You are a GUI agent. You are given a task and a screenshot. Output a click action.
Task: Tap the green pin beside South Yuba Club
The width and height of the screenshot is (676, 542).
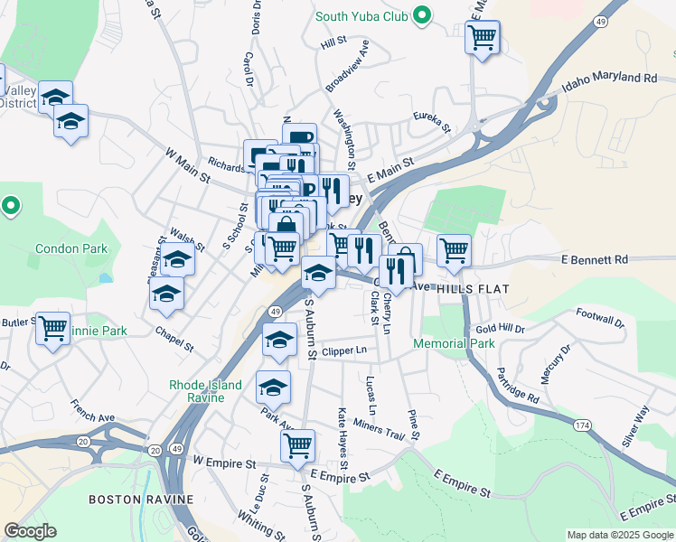pyautogui.click(x=420, y=15)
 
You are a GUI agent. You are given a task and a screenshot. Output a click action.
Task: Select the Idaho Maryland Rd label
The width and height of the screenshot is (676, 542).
pyautogui.click(x=609, y=79)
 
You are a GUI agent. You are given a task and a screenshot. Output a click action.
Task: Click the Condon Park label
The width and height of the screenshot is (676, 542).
pyautogui.click(x=71, y=248)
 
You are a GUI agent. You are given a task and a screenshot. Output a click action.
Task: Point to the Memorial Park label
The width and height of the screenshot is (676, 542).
pyautogui.click(x=454, y=343)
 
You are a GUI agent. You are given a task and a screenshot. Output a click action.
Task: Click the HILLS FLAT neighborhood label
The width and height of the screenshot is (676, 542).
pyautogui.click(x=473, y=289)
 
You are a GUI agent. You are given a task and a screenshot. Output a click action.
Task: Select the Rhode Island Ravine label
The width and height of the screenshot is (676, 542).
pyautogui.click(x=206, y=391)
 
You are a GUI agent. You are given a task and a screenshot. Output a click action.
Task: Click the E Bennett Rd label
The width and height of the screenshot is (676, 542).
pyautogui.click(x=594, y=260)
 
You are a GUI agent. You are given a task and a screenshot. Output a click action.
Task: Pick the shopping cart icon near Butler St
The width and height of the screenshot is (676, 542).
pyautogui.click(x=53, y=327)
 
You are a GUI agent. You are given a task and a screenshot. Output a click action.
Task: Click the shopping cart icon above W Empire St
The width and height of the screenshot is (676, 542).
pyautogui.click(x=297, y=444)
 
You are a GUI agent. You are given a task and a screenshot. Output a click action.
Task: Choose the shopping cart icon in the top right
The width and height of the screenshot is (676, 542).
pyautogui.click(x=483, y=38)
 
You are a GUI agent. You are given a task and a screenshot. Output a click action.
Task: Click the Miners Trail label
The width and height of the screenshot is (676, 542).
pyautogui.click(x=380, y=426)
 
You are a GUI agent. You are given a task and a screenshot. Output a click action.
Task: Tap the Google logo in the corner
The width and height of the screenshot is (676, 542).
pyautogui.click(x=31, y=531)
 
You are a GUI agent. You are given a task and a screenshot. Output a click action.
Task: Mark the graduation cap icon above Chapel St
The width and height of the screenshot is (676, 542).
pyautogui.click(x=167, y=293)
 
